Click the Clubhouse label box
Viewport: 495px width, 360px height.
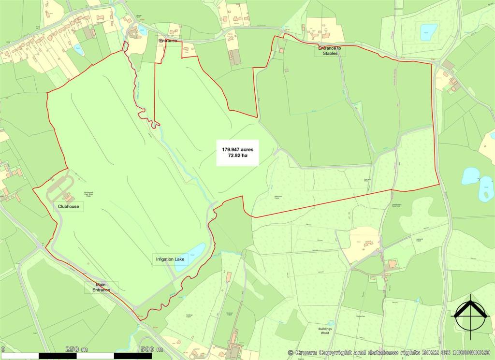(x=68, y=206)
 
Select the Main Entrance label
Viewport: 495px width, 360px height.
(x=101, y=288)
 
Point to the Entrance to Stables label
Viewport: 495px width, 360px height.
(x=330, y=50)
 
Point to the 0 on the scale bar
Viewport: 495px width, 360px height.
(x=2, y=349)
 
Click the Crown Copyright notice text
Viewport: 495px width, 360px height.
(x=391, y=353)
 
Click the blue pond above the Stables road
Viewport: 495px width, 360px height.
(x=428, y=32)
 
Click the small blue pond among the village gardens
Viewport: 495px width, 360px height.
(x=78, y=49)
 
